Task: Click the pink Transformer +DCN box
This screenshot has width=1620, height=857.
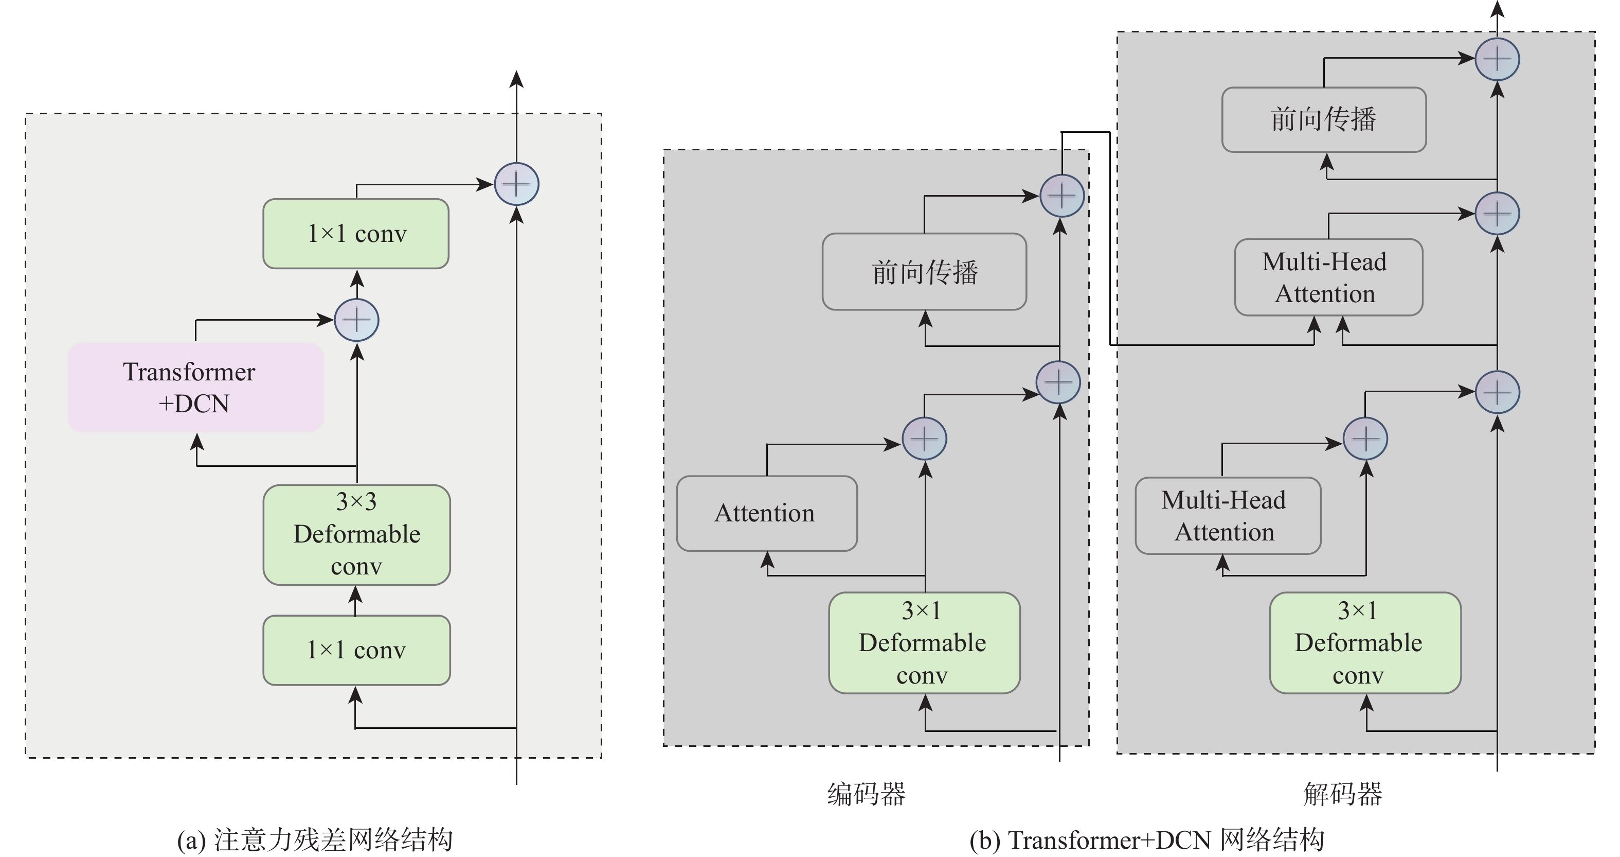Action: tap(195, 387)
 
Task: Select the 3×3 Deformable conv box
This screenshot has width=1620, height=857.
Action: tap(356, 534)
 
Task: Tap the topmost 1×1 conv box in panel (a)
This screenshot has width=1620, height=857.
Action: tap(356, 234)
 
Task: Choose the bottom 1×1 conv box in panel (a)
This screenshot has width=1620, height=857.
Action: tap(356, 650)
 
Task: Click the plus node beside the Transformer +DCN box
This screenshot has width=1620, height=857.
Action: tap(356, 320)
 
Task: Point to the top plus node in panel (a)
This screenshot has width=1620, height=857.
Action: tap(516, 184)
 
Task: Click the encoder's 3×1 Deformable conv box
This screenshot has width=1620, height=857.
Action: tap(924, 642)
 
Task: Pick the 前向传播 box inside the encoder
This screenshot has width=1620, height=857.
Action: tap(924, 272)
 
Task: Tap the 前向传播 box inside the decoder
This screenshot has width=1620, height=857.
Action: tap(1324, 119)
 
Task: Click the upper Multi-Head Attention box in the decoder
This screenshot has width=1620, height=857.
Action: tap(1328, 277)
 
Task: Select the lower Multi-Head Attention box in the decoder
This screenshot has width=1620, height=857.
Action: tap(1228, 515)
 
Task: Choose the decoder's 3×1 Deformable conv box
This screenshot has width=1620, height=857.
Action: tap(1365, 642)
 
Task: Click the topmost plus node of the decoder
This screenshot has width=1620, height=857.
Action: tap(1497, 59)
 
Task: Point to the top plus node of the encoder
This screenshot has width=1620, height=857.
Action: tap(1061, 196)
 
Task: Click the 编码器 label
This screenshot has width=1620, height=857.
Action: tap(866, 794)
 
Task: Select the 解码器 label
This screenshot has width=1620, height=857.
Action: tap(1342, 794)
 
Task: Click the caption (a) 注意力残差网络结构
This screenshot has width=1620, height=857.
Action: tap(314, 840)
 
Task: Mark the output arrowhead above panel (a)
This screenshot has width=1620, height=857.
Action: tap(516, 78)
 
